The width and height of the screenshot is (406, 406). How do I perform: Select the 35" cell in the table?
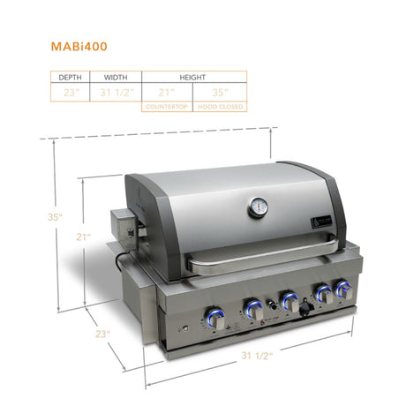(221, 92)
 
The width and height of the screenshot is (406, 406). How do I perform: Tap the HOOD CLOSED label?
(222, 106)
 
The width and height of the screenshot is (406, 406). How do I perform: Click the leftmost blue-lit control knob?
(214, 317)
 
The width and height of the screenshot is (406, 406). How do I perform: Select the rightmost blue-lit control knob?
(340, 292)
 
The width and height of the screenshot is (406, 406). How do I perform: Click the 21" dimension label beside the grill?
(83, 237)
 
